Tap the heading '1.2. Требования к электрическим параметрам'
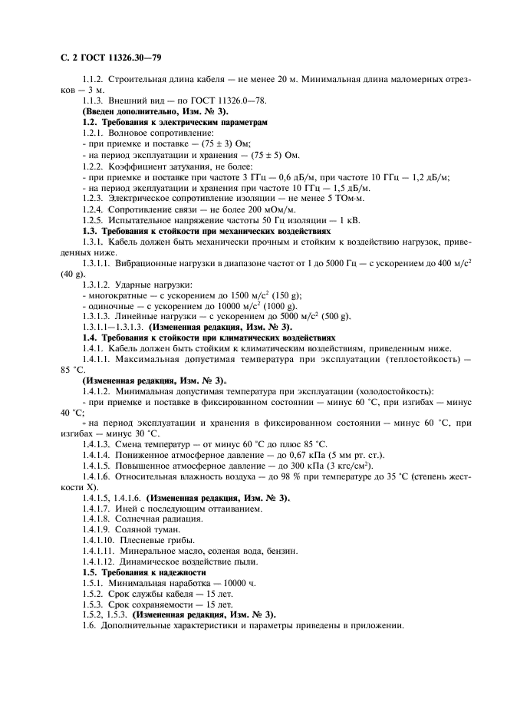[175, 123]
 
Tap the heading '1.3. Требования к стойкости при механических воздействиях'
[206, 230]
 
